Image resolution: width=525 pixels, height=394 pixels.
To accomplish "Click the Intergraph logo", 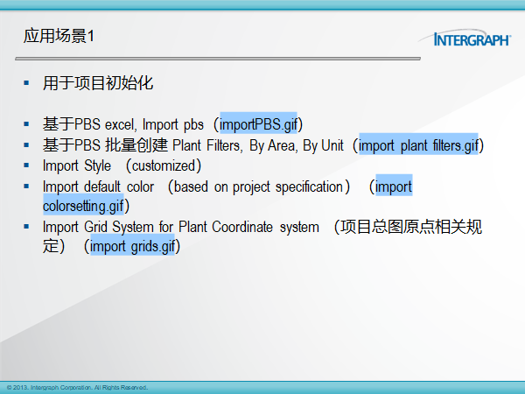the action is coord(465,38).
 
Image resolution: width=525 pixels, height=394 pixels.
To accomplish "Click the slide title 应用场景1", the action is coord(59,36).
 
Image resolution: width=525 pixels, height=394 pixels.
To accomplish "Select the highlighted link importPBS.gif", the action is coord(258,124).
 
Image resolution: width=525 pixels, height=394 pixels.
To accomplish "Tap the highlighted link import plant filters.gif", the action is coord(418,145).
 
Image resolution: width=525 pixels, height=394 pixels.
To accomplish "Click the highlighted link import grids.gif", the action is coord(133,247).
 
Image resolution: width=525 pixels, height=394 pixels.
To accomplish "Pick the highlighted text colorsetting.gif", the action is coord(83,206).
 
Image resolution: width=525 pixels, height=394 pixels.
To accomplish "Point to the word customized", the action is coord(164,165).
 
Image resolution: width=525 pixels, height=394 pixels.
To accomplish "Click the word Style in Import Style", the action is coord(97,165).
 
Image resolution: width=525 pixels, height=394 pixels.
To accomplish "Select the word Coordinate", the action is coord(242,227).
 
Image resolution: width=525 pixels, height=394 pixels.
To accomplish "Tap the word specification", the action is coord(309,186).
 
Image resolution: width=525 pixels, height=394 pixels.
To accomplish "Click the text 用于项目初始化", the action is coord(98,83).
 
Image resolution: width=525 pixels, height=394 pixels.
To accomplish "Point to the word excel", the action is coord(121,124).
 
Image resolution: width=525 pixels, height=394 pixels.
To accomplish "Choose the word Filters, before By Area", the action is coord(223,145).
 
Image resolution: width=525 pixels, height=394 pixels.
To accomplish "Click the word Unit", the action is coord(332,145).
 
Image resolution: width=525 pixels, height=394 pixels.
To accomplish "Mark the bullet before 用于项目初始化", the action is coord(26,83).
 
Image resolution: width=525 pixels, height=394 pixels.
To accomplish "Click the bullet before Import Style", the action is coord(26,165).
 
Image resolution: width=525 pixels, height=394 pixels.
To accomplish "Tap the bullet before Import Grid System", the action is coord(26,227).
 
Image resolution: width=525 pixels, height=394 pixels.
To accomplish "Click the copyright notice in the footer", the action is coord(77,388).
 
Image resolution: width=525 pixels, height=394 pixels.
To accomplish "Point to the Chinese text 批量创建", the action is coord(136,145).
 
